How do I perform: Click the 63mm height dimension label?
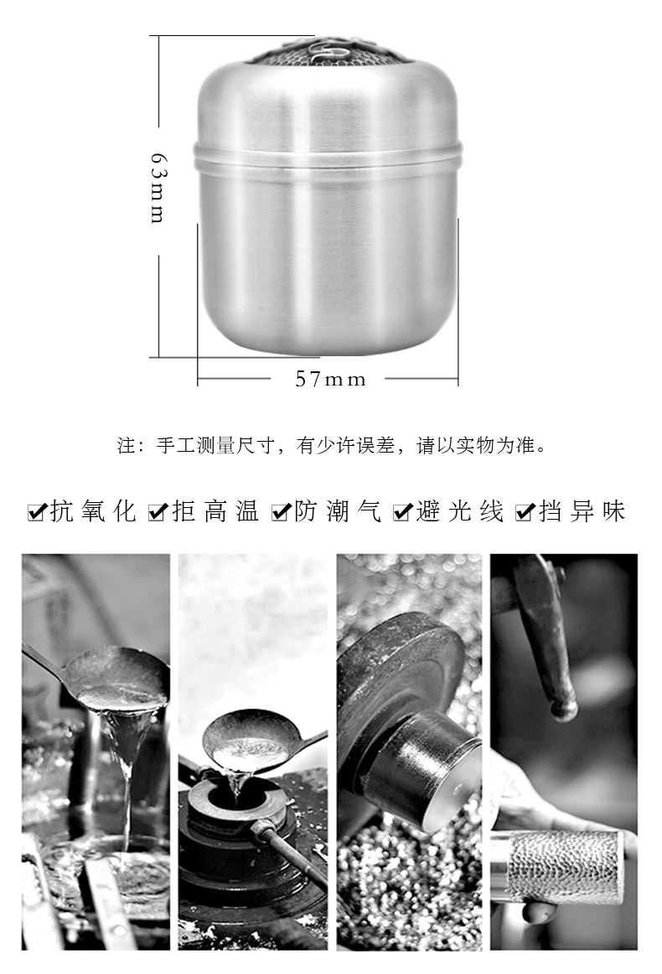point(158,189)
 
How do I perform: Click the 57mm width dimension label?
point(330,379)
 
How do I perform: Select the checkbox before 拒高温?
point(158,512)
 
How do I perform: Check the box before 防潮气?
point(282,512)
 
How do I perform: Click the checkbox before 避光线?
point(403,512)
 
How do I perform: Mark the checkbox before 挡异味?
point(525,512)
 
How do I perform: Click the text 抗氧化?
point(93,511)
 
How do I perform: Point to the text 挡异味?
point(582,511)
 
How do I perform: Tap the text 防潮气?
point(338,511)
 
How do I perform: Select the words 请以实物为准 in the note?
point(475,445)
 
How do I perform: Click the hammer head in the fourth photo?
point(546,646)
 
